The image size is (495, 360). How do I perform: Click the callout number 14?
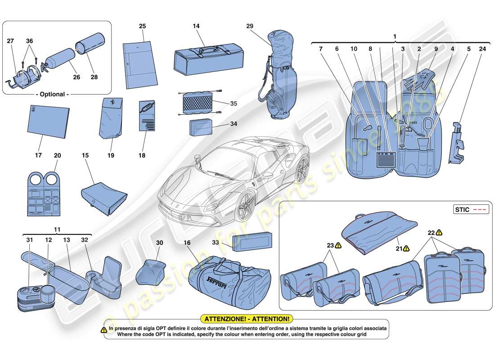pos(196,27)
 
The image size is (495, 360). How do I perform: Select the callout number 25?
pos(142,27)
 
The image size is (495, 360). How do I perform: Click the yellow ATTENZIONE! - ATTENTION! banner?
pos(247,319)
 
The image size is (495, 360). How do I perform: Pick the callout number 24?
pos(482,48)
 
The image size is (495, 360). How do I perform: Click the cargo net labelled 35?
pos(198,104)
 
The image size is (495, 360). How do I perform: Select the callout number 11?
pos(57,229)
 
